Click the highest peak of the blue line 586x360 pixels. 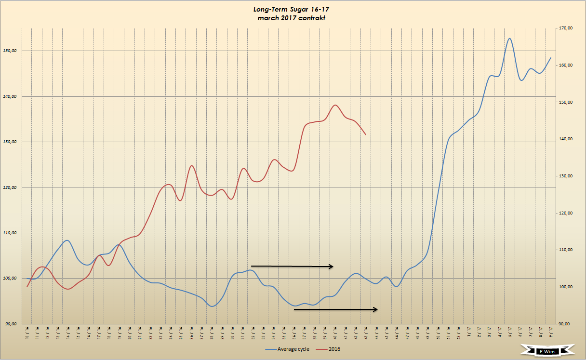[510, 39]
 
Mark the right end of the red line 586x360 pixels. [366, 134]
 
